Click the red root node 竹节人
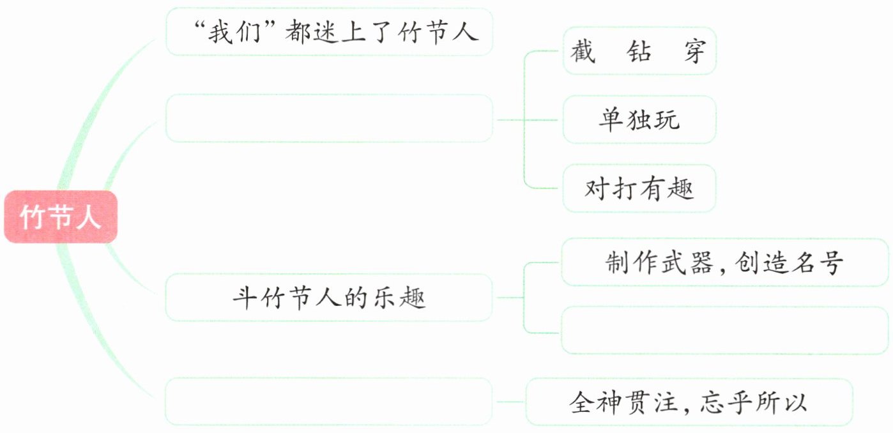61,217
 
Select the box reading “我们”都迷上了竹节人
329,32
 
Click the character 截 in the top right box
582,51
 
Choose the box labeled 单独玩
639,119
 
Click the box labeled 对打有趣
639,188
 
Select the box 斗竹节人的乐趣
329,298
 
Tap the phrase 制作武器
659,262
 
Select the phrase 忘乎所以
754,402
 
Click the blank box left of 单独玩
329,119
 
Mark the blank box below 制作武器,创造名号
724,330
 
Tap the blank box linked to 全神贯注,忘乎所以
329,402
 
